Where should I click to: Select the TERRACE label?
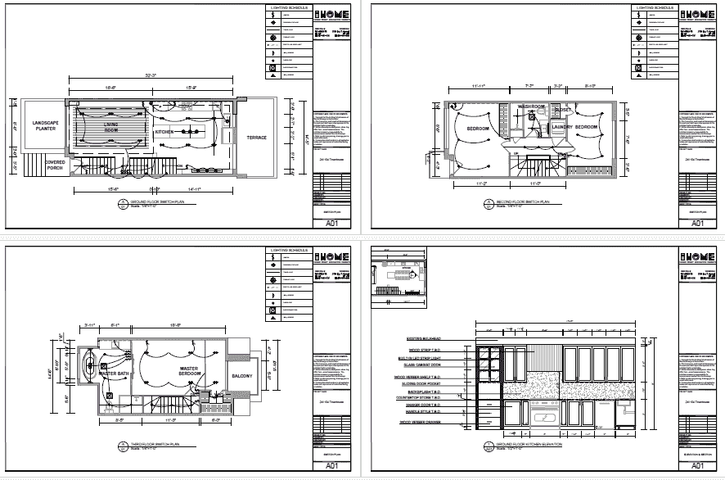[x=256, y=138]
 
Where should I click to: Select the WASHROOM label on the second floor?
[x=530, y=106]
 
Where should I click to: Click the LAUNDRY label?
[x=561, y=128]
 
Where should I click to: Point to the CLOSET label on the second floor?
[x=562, y=110]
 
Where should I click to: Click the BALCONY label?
[x=242, y=376]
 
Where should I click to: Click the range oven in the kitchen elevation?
[x=543, y=417]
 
